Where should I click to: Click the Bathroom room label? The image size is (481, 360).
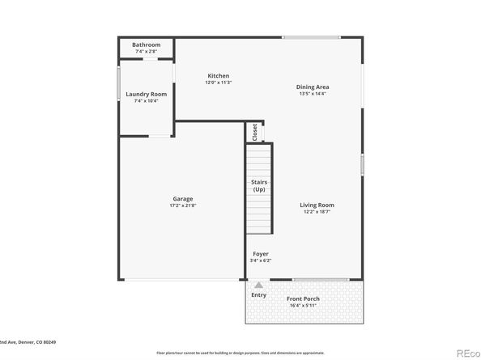147,44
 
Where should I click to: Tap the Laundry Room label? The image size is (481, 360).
146,94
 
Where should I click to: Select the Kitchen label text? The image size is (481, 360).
218,76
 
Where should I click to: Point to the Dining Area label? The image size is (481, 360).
312,87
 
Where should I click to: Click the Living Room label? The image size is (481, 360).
318,205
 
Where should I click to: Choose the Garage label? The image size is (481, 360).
182,199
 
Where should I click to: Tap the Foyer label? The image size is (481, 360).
260,254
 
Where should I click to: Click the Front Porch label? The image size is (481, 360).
304,299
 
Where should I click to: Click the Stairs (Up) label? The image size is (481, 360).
259,185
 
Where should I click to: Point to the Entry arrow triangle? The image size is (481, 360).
258,286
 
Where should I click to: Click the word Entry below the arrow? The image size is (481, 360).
258,295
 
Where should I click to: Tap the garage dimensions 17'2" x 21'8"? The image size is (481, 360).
182,205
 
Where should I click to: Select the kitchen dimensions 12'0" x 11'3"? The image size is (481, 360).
218,83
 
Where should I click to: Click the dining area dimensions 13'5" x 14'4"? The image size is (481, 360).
312,94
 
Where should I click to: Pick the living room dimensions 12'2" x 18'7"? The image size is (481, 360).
318,211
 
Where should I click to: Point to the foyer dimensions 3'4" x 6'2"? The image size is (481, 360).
260,260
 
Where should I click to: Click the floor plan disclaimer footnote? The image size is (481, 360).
240,354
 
